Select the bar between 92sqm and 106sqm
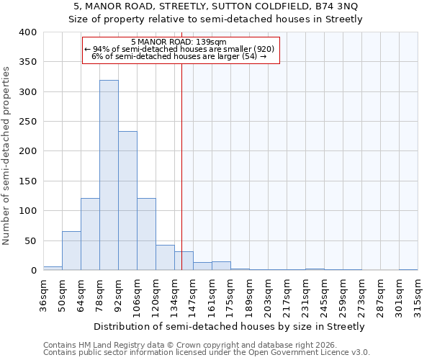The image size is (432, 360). [127, 201]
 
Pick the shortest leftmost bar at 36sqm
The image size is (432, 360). [53, 268]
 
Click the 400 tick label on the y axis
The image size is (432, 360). [27, 32]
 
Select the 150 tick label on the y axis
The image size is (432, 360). [27, 181]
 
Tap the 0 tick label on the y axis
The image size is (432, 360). [33, 271]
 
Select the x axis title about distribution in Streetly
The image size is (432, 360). [230, 326]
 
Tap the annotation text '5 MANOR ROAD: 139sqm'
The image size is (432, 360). [179, 42]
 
